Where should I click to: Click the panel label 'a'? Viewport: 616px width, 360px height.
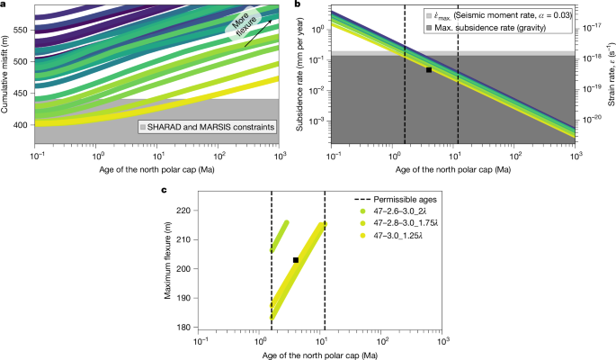point(4,5)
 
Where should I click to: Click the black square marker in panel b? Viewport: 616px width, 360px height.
point(429,69)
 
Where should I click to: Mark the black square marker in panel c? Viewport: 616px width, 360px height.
point(296,260)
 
